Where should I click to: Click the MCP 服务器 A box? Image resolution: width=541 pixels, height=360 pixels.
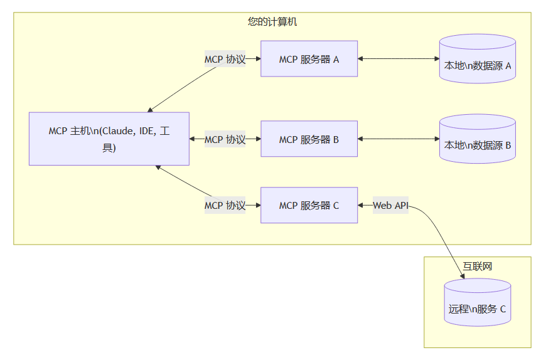(309, 59)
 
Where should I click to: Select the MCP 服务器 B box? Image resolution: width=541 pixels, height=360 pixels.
(309, 139)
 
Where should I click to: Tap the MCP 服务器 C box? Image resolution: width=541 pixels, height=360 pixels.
(309, 205)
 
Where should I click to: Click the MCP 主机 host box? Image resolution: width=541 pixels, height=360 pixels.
(109, 139)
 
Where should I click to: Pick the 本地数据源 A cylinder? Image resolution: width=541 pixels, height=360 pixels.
(478, 60)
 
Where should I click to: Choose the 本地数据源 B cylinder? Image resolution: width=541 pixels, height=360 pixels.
(478, 139)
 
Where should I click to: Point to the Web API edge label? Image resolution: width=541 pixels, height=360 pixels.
(390, 205)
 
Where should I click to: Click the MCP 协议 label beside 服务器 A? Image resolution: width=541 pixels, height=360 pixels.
(225, 60)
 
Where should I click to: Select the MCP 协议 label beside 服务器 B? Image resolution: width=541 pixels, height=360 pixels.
(225, 139)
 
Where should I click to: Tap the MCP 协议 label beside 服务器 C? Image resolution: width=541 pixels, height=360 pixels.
(225, 205)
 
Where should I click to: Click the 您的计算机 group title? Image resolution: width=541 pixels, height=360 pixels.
(272, 22)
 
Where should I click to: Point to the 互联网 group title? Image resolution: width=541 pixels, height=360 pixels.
(477, 267)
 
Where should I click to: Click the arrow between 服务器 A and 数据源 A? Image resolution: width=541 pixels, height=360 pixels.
(399, 59)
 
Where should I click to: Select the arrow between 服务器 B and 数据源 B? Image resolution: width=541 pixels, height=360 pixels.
(399, 139)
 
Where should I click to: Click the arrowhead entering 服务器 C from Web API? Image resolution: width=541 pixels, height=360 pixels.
(362, 205)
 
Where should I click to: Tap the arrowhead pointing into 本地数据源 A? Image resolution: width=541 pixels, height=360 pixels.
(436, 59)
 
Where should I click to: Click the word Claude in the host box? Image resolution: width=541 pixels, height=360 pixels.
(117, 131)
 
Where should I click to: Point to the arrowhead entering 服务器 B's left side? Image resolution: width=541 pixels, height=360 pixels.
(257, 139)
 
